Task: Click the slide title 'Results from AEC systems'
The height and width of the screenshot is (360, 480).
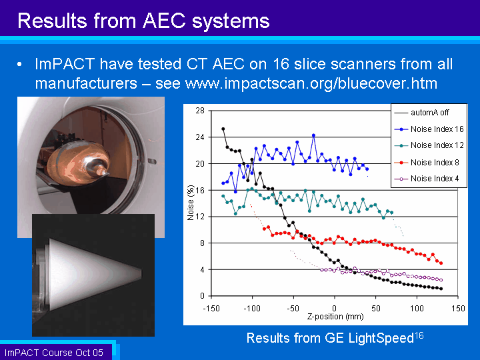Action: [x=143, y=21]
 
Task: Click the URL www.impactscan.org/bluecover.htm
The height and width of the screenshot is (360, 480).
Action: [x=311, y=83]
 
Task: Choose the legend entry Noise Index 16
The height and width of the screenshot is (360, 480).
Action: [x=429, y=129]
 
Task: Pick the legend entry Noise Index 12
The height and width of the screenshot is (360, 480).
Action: [x=429, y=145]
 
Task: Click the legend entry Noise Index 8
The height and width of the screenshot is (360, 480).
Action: [x=427, y=162]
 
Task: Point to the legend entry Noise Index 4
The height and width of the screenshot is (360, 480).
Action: [x=427, y=179]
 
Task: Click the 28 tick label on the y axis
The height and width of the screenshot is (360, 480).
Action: [x=200, y=111]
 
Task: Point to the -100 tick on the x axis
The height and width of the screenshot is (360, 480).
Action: [x=252, y=308]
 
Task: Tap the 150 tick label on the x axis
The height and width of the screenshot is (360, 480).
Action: [x=458, y=308]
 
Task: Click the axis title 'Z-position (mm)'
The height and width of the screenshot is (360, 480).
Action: [x=335, y=316]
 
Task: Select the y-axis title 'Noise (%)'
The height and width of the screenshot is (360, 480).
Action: [x=191, y=203]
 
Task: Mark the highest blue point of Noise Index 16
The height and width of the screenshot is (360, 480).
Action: [x=313, y=135]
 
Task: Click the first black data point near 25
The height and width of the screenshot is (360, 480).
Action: [x=223, y=129]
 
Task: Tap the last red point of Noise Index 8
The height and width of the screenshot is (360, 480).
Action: [x=441, y=263]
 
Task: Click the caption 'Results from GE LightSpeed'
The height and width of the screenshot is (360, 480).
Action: [x=330, y=338]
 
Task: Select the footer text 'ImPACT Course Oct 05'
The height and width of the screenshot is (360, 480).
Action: [x=54, y=353]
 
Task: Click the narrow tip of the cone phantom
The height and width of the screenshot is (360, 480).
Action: [x=141, y=273]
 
